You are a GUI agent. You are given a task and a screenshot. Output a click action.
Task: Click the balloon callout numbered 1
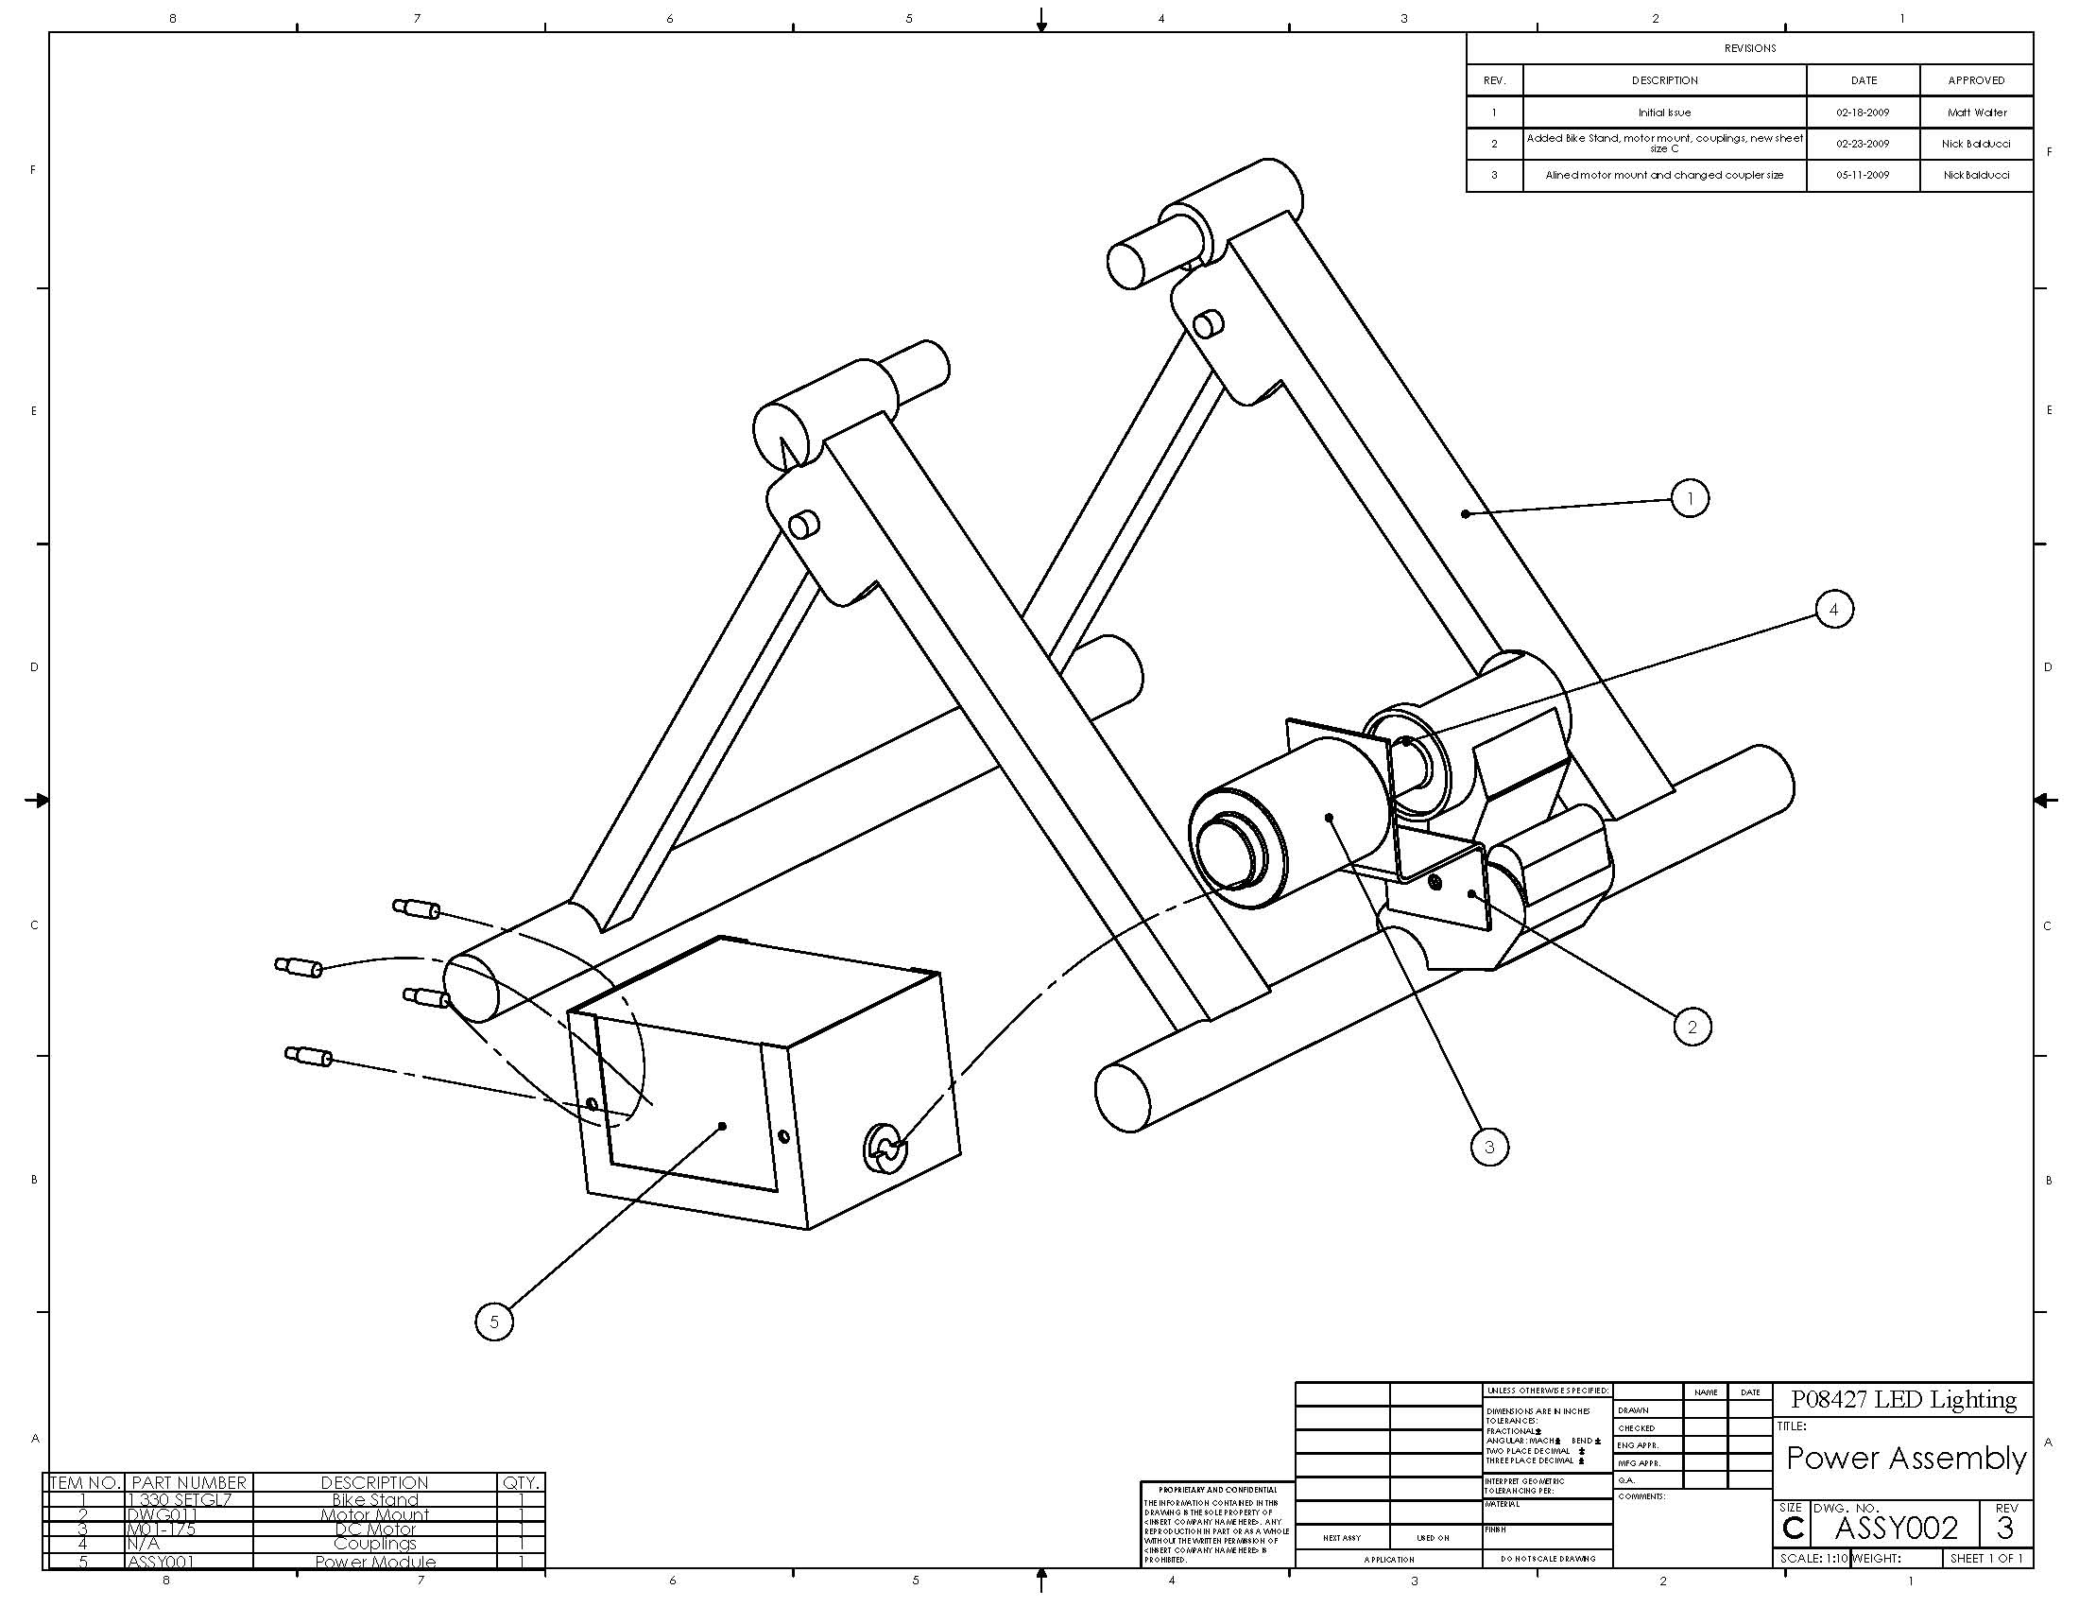point(1690,498)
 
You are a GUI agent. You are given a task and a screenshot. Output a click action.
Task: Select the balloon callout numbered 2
point(1692,1027)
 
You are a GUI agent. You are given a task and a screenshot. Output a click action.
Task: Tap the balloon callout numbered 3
point(1489,1148)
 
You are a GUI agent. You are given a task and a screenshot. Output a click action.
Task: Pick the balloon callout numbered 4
point(1834,610)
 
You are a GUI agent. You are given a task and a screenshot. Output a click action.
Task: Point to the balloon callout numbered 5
point(493,1322)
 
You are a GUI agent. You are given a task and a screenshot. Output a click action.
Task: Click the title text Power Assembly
point(1906,1458)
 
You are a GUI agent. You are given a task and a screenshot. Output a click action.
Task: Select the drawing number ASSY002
point(1896,1528)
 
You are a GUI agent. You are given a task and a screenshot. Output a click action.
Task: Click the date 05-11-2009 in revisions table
point(1863,175)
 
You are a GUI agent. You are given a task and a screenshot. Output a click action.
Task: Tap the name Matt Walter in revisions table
point(1977,112)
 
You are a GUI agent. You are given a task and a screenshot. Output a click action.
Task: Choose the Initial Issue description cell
point(1664,112)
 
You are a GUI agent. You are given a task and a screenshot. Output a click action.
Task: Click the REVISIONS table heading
point(1749,48)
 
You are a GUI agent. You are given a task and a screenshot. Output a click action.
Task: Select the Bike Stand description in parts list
point(375,1499)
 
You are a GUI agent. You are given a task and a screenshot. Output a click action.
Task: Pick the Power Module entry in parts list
point(375,1563)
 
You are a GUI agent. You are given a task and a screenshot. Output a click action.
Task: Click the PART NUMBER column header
point(188,1482)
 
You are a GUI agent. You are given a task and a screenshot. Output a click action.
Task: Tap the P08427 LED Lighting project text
point(1904,1399)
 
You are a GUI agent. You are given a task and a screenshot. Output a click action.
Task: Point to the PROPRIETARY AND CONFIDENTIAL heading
point(1217,1490)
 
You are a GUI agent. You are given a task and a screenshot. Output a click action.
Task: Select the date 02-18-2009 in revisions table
point(1863,112)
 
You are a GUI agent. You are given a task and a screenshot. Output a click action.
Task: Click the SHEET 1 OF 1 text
point(1986,1559)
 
